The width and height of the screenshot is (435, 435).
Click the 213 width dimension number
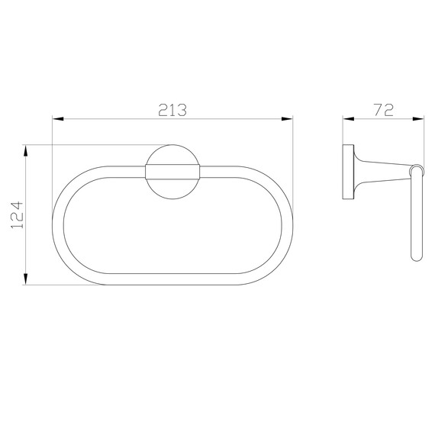point(172,110)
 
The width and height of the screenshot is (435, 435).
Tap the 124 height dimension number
point(17,215)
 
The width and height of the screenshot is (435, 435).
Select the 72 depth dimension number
point(384,110)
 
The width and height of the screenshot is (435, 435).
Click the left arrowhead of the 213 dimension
point(58,119)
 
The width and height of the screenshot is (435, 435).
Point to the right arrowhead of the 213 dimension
point(287,119)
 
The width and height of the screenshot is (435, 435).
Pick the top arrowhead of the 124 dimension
point(25,150)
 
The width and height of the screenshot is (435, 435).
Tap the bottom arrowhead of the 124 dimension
point(25,279)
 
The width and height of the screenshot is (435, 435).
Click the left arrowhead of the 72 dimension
point(349,119)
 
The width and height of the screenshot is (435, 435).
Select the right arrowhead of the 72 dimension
point(418,119)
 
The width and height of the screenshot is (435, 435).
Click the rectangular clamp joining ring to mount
point(172,172)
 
